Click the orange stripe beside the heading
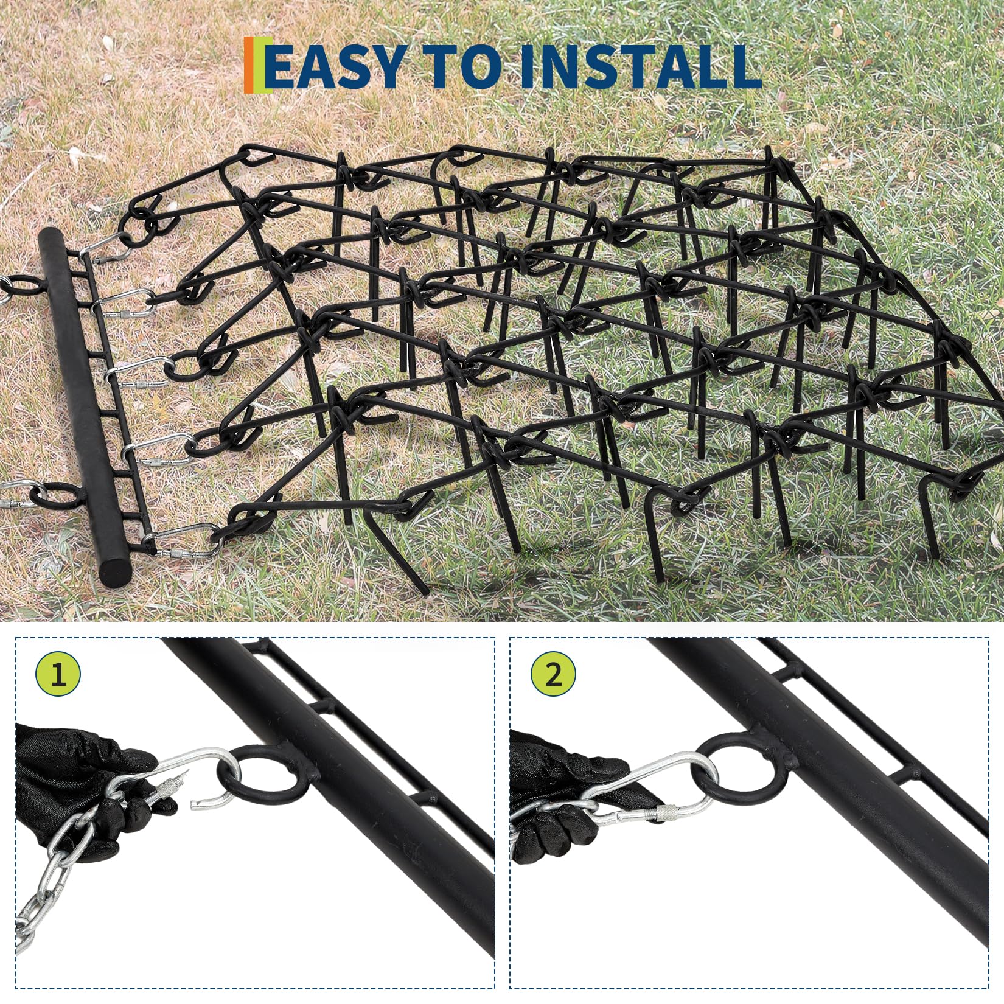click(248, 65)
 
